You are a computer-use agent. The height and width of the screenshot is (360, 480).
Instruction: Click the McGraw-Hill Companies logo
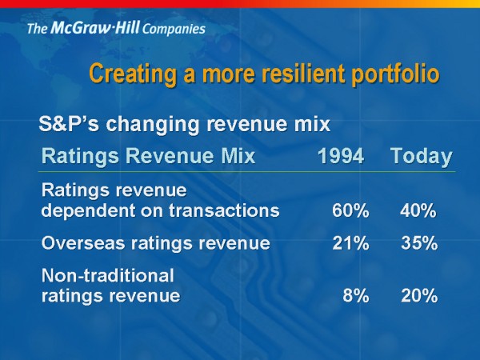tap(115, 30)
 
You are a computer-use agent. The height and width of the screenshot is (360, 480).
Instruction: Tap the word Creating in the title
tap(128, 74)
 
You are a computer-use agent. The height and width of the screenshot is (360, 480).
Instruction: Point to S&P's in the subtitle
tap(66, 126)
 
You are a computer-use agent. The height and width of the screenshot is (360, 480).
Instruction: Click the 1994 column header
tap(341, 156)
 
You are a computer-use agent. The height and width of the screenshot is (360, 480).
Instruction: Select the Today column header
tap(421, 156)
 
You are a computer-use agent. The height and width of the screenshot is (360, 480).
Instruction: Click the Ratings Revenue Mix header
tap(148, 156)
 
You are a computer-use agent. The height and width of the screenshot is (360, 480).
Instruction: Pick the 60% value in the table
tap(350, 211)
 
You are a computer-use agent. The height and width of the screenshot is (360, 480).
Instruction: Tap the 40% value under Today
tap(418, 211)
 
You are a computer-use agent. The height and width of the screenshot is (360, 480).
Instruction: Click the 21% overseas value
tap(350, 243)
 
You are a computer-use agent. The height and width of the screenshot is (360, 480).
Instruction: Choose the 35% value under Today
tap(418, 243)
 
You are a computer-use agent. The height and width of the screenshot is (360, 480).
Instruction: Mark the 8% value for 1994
tap(355, 295)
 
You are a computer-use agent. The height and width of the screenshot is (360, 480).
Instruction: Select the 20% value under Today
tap(418, 295)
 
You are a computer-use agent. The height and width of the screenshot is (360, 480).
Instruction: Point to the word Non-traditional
tap(106, 276)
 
